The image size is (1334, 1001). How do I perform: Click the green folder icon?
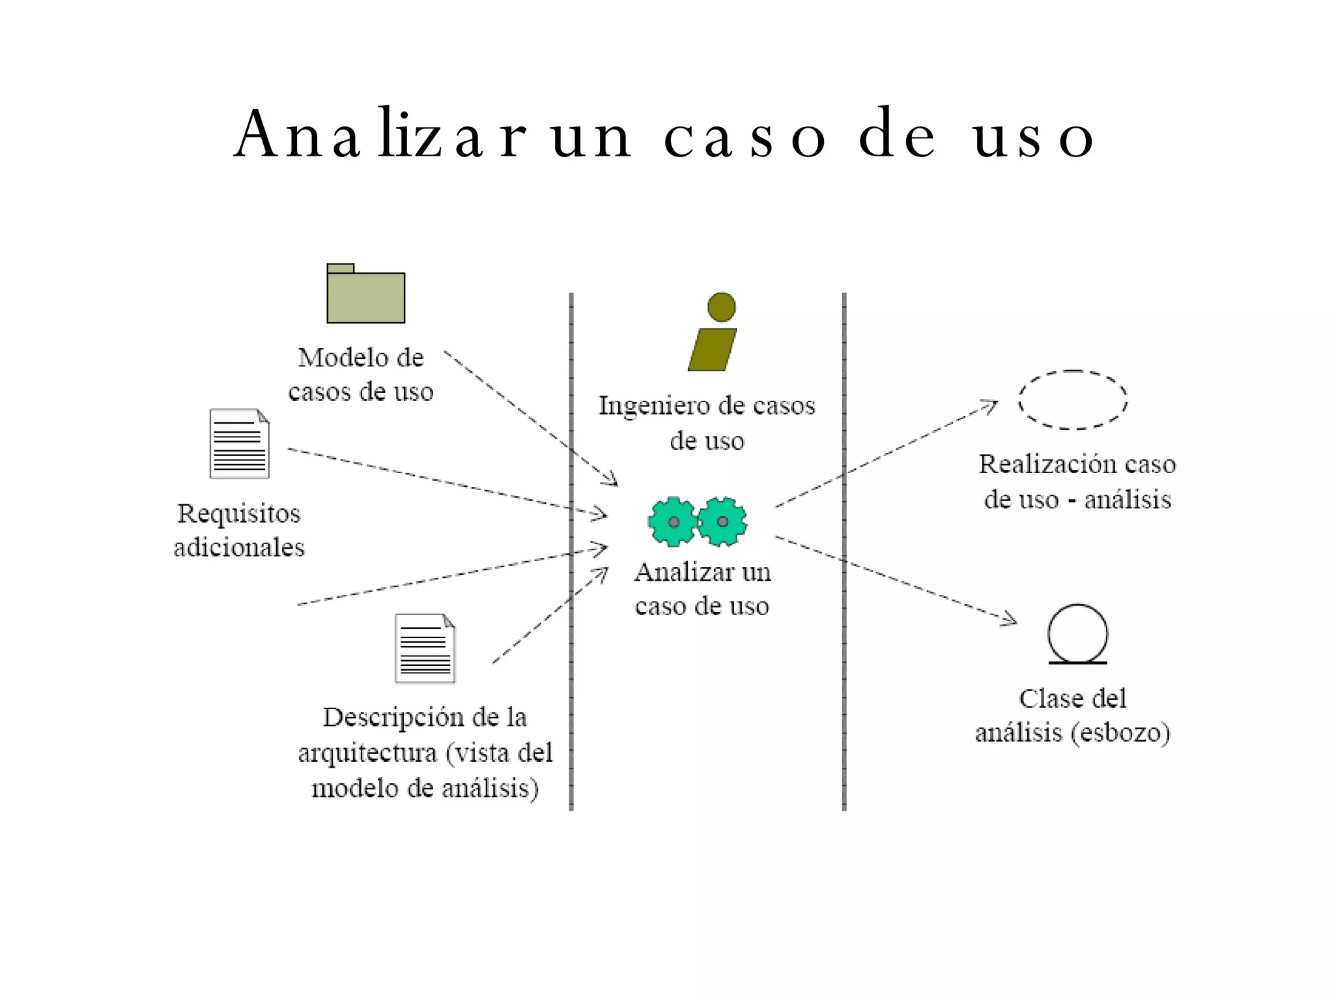pos(365,295)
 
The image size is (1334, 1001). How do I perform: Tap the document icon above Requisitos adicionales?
pos(239,444)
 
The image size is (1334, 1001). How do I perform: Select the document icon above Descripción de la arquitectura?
pos(425,648)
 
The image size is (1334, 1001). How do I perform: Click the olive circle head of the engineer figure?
pos(721,307)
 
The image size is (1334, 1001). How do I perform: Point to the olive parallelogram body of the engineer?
pos(713,349)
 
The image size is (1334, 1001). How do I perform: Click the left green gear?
pos(673,521)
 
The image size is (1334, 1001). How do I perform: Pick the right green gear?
pos(722,521)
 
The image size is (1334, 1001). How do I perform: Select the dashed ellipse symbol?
pos(1073,399)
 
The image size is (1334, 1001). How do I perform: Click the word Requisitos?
pos(239,514)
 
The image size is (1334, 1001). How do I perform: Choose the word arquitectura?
pos(367,753)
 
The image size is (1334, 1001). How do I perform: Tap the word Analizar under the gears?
pos(675,572)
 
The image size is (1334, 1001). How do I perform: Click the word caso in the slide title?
pos(745,136)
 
